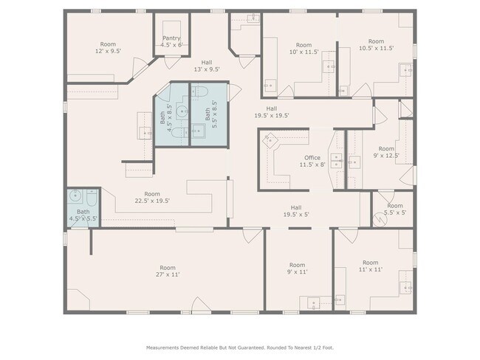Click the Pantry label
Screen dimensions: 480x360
(171, 38)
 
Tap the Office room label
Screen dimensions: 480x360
(312, 158)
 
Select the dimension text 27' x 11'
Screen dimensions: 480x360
(168, 274)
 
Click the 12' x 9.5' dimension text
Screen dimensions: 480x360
(108, 51)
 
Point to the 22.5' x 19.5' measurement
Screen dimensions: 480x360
(152, 201)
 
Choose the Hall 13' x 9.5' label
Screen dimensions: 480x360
(207, 66)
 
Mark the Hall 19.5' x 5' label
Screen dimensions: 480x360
(296, 211)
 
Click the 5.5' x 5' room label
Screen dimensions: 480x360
(395, 210)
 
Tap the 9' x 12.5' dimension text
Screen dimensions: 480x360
(386, 156)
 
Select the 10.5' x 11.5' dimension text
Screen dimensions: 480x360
(376, 48)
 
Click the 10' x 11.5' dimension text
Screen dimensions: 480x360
(304, 52)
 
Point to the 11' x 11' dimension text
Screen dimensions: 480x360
(371, 269)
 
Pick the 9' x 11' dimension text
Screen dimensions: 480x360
(298, 271)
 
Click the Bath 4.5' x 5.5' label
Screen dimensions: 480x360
(83, 215)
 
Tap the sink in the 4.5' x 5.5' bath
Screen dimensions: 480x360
(75, 195)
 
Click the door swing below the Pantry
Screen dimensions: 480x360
(172, 63)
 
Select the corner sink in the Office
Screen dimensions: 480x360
(270, 141)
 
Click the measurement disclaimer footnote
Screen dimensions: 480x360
(240, 347)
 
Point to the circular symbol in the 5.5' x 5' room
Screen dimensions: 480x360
(380, 219)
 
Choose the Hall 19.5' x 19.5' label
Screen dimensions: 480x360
(272, 112)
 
